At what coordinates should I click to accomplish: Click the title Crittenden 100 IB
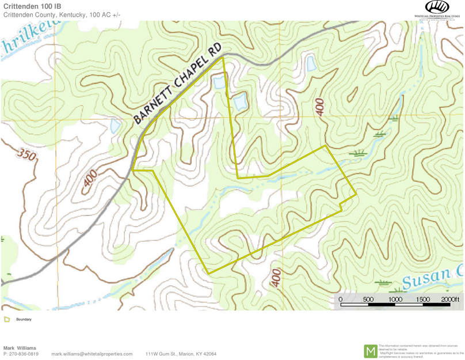coord(32,6)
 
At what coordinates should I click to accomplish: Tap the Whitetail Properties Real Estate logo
coord(437,10)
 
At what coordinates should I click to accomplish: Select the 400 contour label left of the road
coord(90,178)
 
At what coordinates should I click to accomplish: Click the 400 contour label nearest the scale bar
coord(276,278)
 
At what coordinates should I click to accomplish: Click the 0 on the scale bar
coord(341,300)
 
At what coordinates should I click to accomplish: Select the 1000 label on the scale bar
coord(395,300)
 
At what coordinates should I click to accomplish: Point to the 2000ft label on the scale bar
coord(451,300)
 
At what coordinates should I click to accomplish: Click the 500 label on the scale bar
coord(368,300)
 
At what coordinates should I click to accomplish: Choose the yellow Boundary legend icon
coord(7,319)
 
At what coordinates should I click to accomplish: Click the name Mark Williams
coord(20,348)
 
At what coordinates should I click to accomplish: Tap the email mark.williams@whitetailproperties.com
coord(92,354)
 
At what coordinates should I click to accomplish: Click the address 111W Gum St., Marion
coord(181,354)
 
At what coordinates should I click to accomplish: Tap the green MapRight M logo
coord(371,351)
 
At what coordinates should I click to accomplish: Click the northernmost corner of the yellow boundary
coord(222,58)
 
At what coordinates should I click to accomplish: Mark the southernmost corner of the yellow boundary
coord(208,273)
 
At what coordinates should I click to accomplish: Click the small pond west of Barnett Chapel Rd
coord(115,126)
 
